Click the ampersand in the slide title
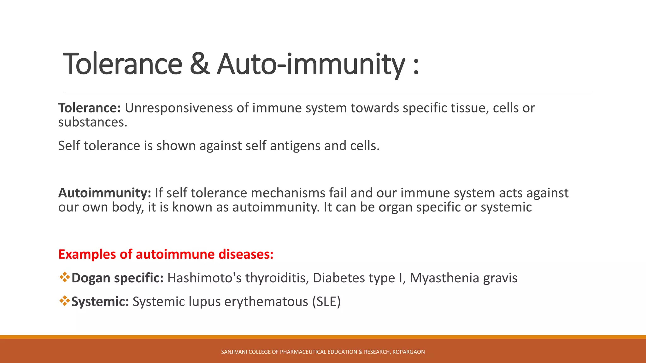(x=199, y=64)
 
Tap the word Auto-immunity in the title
(x=311, y=64)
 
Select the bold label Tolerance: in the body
(x=90, y=108)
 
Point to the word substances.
(x=92, y=122)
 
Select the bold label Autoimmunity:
(x=105, y=193)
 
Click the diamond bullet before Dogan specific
(x=64, y=277)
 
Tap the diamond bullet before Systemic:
(x=64, y=301)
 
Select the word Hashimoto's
(x=204, y=278)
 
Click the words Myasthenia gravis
(x=463, y=278)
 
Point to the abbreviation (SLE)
(x=326, y=302)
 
